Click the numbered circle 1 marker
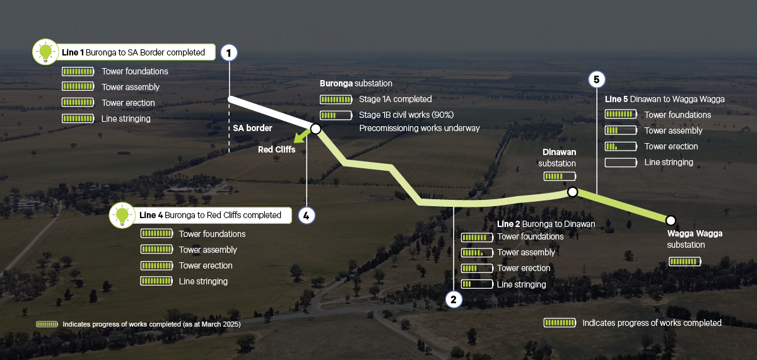pos(229,52)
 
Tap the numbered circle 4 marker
pos(306,216)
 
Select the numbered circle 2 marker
pos(453,299)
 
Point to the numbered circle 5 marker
pos(596,79)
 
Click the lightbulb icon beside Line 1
pos(45,52)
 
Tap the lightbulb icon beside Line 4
pos(123,215)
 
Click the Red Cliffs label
pos(276,150)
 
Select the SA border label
pos(252,128)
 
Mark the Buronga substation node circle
pos(315,129)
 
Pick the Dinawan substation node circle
pos(572,192)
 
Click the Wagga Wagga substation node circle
pos(671,220)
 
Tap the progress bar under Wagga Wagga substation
pos(684,261)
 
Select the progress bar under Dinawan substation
pos(560,177)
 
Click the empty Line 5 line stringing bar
pos(621,163)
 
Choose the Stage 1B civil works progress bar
pos(336,115)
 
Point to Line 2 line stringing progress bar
pos(476,284)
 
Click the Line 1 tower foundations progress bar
pos(78,71)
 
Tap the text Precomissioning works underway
pos(420,128)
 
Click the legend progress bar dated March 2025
pos(47,324)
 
